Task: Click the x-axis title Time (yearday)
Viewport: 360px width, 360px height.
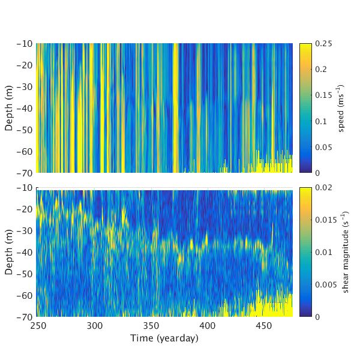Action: (164, 338)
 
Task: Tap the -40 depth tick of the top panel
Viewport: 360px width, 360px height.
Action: (25, 108)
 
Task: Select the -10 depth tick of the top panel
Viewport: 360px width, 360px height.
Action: (25, 44)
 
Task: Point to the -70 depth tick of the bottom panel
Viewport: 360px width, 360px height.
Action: (25, 317)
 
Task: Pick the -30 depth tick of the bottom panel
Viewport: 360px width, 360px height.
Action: (25, 231)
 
